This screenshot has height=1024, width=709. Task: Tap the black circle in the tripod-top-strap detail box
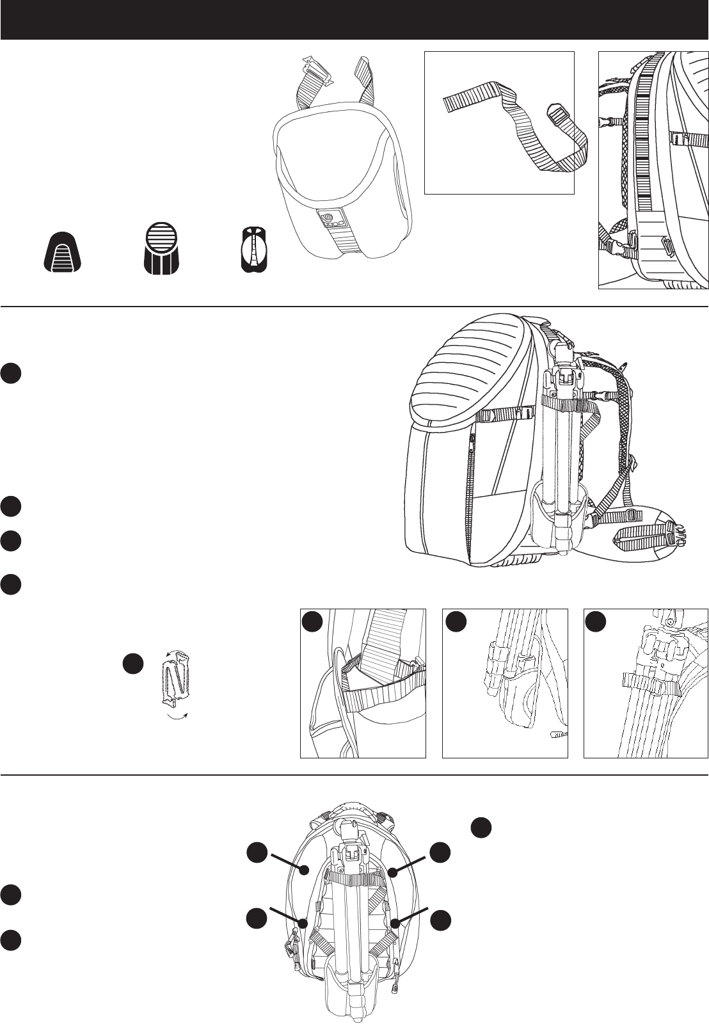[x=596, y=621]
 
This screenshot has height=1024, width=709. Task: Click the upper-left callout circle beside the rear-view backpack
[x=257, y=852]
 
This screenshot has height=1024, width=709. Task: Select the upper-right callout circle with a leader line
[x=440, y=852]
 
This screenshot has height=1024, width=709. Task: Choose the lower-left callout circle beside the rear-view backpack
[x=257, y=919]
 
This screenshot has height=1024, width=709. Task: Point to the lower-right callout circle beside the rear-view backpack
[x=440, y=920]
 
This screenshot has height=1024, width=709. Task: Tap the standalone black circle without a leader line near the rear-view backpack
[x=481, y=827]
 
